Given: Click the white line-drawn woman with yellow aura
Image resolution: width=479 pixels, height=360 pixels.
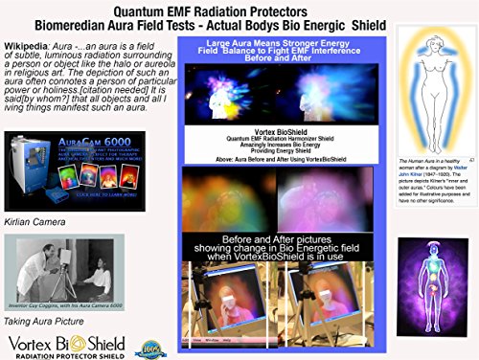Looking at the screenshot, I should click(x=413, y=96).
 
